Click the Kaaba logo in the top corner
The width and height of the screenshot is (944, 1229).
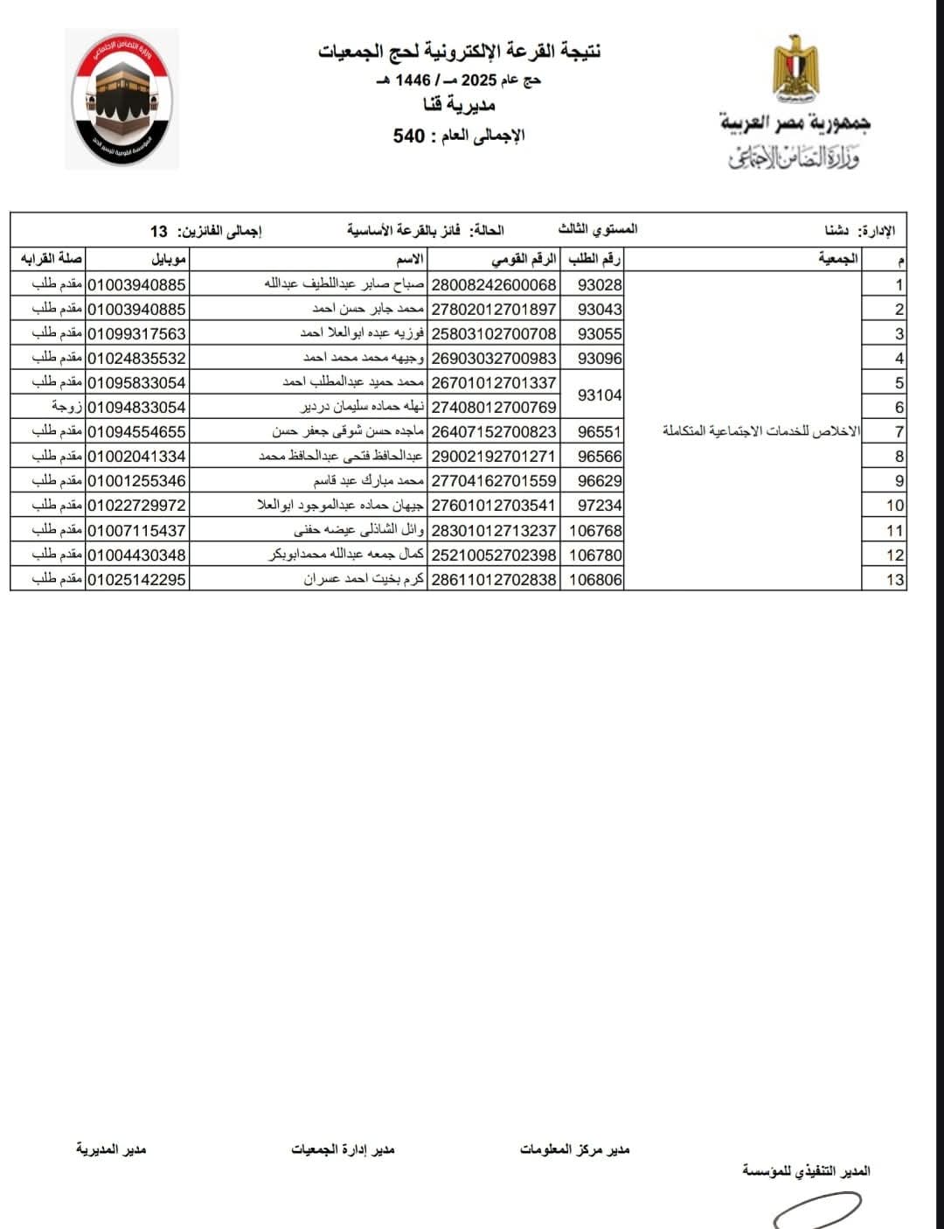pyautogui.click(x=121, y=98)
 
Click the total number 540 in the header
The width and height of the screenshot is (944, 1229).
pyautogui.click(x=409, y=136)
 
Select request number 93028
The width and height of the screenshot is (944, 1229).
pyautogui.click(x=600, y=284)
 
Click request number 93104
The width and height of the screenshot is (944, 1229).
pyautogui.click(x=600, y=395)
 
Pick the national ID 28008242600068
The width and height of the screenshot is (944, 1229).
pyautogui.click(x=495, y=284)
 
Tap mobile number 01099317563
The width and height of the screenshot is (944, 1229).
pyautogui.click(x=137, y=333)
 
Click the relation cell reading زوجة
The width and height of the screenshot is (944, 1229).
pyautogui.click(x=67, y=407)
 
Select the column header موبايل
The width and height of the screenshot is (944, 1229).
pyautogui.click(x=169, y=259)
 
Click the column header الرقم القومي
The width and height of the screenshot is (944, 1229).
pyautogui.click(x=524, y=259)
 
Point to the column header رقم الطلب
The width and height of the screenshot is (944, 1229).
pyautogui.click(x=595, y=259)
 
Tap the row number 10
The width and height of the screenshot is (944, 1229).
pyautogui.click(x=894, y=506)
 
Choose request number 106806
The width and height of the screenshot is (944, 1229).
pyautogui.click(x=595, y=579)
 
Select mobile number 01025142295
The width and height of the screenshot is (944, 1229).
pyautogui.click(x=137, y=579)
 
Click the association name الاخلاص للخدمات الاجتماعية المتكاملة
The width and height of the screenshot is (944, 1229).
pyautogui.click(x=761, y=431)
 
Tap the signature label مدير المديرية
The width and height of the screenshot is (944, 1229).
pyautogui.click(x=111, y=1149)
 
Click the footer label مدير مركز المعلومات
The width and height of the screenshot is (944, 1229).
pyautogui.click(x=574, y=1149)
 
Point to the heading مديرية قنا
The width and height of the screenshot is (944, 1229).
pyautogui.click(x=460, y=106)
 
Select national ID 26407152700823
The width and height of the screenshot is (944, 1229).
pyautogui.click(x=495, y=431)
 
